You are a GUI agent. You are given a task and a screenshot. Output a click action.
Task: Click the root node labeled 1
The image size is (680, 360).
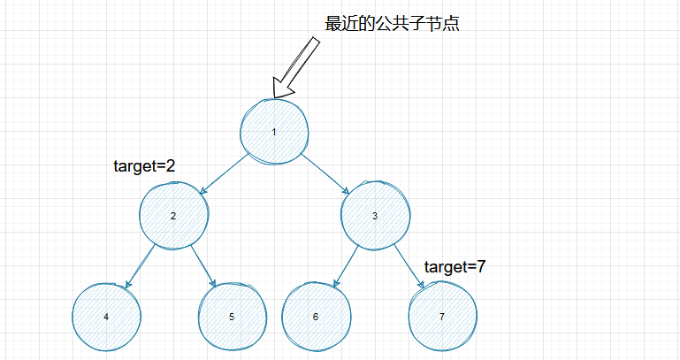[275, 132]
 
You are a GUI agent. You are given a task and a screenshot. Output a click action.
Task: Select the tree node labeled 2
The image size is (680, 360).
[174, 216]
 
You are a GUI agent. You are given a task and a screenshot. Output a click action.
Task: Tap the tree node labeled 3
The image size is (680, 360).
[375, 216]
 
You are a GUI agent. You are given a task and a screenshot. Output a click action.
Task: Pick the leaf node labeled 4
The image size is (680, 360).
[106, 316]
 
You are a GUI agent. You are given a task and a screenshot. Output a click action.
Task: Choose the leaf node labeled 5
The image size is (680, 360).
[232, 316]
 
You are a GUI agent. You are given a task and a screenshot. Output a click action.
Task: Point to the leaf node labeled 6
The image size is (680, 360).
[316, 316]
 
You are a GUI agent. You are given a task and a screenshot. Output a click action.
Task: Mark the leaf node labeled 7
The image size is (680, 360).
[442, 316]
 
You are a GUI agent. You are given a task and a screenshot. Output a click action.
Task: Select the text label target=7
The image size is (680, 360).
[455, 266]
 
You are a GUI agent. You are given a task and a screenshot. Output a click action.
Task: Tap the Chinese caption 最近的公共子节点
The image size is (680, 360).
[392, 25]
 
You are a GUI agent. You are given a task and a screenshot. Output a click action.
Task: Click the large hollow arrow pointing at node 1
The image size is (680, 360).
[297, 66]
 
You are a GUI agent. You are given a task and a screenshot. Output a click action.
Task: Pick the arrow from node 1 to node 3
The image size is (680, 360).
[325, 172]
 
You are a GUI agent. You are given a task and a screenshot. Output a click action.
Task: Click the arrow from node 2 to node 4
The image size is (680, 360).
[140, 265]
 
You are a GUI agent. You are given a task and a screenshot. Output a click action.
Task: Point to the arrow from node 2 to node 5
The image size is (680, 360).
[202, 265]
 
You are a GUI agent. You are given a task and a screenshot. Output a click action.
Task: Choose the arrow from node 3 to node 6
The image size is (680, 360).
[345, 265]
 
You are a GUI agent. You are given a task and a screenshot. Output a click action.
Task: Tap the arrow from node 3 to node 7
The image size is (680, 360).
[407, 265]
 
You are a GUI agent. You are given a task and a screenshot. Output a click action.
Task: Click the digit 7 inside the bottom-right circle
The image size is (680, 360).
[442, 316]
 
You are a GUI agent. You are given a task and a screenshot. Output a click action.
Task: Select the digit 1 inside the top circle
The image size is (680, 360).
[274, 132]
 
